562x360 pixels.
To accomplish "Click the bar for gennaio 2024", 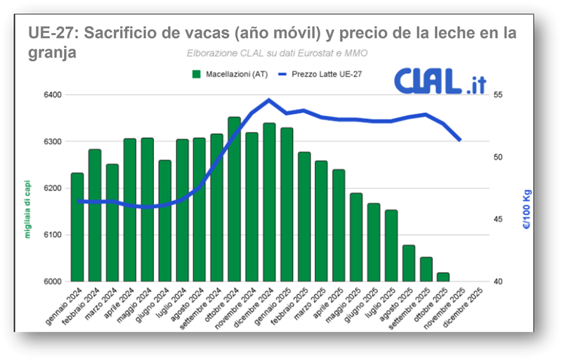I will pos(77,227).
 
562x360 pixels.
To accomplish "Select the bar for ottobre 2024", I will pos(234,199).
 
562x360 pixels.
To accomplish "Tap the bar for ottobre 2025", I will pos(443,277).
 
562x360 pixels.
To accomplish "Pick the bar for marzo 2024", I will pos(112,223).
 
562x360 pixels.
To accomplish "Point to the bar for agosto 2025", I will pos(408,263).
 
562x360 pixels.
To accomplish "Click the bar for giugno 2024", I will pos(164,221).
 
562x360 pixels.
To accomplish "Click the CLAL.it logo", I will pos(440,82).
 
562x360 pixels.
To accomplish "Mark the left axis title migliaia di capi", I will pos(28,208).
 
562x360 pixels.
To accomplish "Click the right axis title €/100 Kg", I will pos(528,211).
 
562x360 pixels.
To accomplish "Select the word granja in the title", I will pos(51,52).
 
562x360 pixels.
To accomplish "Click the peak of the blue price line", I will pos(269,99).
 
